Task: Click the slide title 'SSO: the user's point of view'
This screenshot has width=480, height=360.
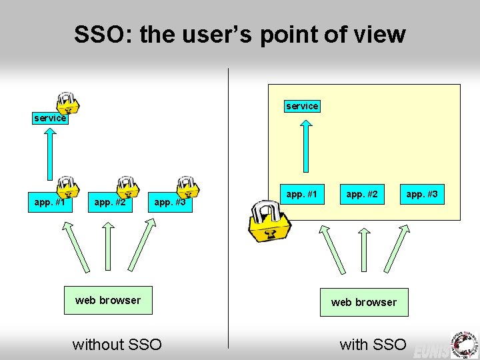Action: coord(239,34)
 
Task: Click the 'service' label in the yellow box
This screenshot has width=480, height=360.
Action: coord(302,106)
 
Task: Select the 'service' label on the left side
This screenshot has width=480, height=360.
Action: coord(50,118)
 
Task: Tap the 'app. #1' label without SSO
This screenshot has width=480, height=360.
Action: coord(50,202)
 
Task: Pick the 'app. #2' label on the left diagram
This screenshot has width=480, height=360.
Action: coord(109,202)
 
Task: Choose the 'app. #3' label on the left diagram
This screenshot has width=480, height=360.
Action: coord(169,202)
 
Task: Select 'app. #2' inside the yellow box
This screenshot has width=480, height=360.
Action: coord(362,195)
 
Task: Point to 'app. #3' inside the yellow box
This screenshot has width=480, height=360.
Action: coord(422,195)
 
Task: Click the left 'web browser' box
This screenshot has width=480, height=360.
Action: coord(108,301)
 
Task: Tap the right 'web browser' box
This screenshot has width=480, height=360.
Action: coord(363,302)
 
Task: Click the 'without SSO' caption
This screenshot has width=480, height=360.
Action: coord(117,344)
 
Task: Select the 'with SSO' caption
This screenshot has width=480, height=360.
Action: coord(373,344)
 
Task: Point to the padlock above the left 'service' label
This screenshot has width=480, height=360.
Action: coord(67,101)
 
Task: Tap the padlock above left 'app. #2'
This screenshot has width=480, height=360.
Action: coord(126,187)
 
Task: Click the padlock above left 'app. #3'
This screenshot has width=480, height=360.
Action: coord(187,187)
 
